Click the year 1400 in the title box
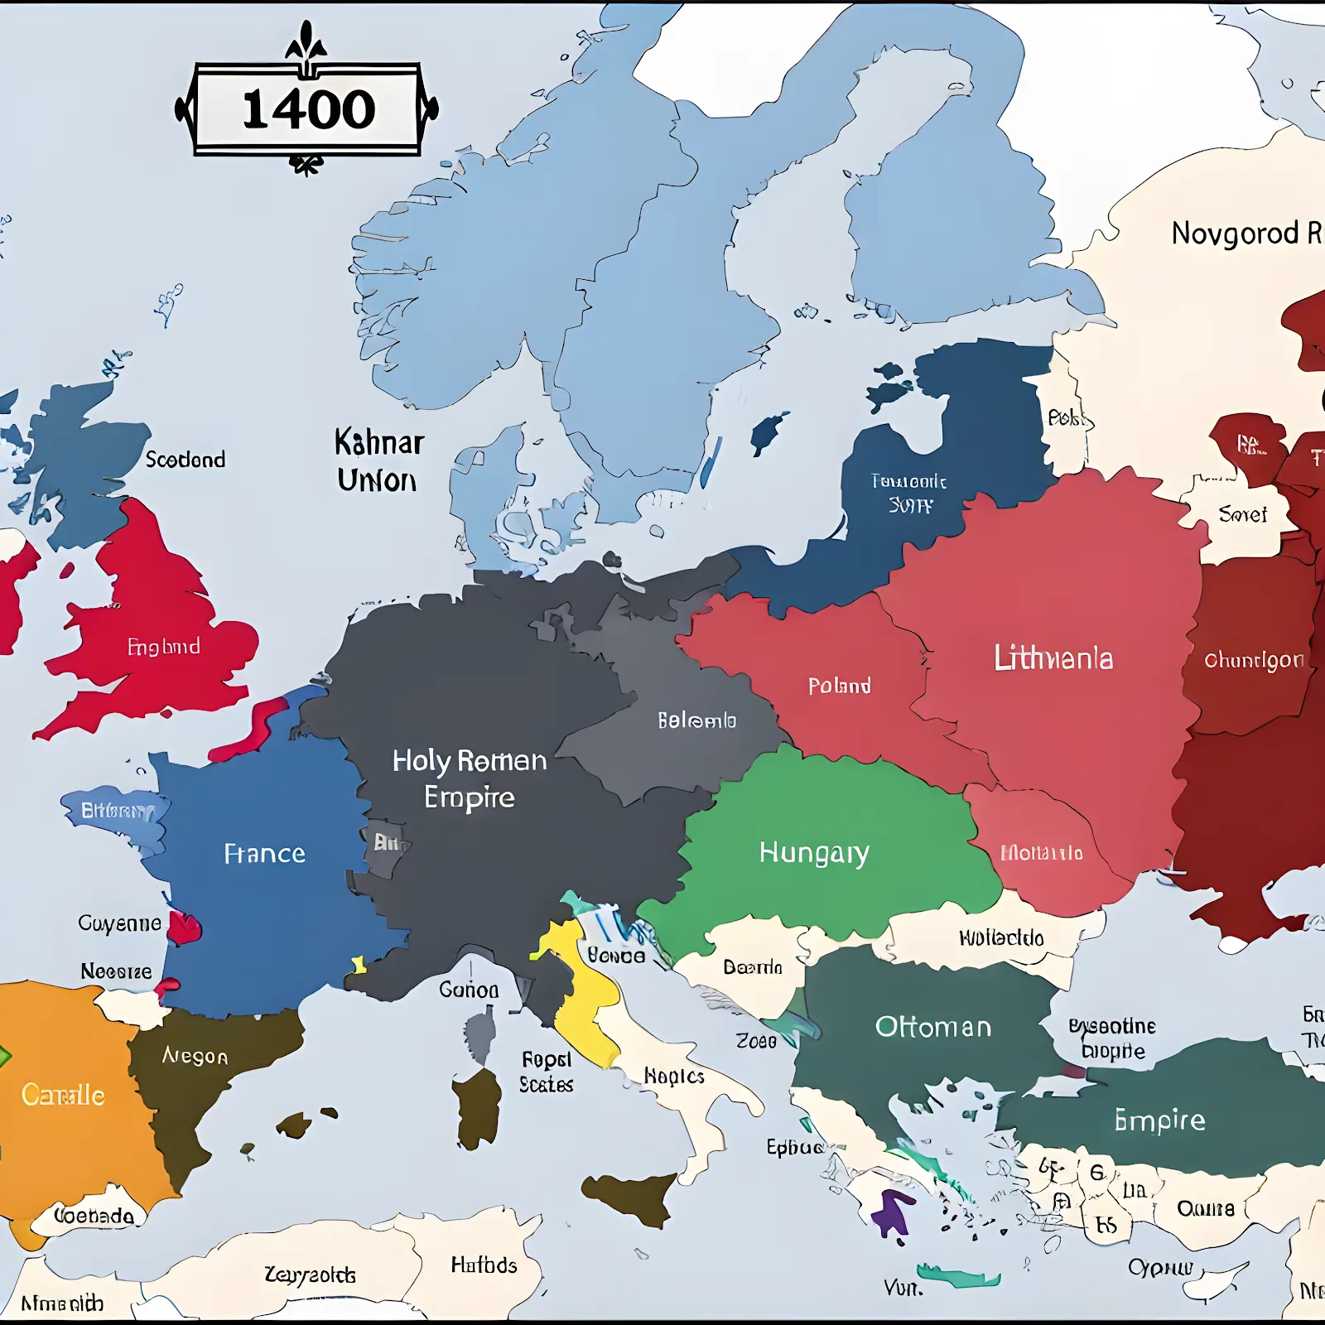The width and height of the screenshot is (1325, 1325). pos(308,109)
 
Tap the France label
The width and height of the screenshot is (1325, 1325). pos(264,853)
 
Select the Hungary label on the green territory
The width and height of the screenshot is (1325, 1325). pos(814,852)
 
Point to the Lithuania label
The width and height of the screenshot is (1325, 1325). pos(1053,658)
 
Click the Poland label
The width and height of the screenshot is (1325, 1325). pos(839,686)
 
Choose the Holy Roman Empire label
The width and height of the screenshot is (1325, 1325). pos(470,778)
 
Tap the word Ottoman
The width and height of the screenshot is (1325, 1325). pos(933,1027)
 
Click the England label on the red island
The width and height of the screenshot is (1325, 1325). pos(163,646)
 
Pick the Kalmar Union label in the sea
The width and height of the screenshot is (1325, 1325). pos(378,461)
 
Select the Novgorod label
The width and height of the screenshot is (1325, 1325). pos(1234,234)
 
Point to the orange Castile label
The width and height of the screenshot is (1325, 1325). pos(63,1095)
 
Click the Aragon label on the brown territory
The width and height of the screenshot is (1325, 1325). pos(195,1056)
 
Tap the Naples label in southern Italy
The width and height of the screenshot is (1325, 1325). pos(674,1076)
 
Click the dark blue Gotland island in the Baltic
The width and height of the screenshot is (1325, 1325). pos(768,433)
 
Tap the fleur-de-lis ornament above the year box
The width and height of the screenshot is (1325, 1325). pos(306,41)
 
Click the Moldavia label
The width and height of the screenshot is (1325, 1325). pos(1041,853)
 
